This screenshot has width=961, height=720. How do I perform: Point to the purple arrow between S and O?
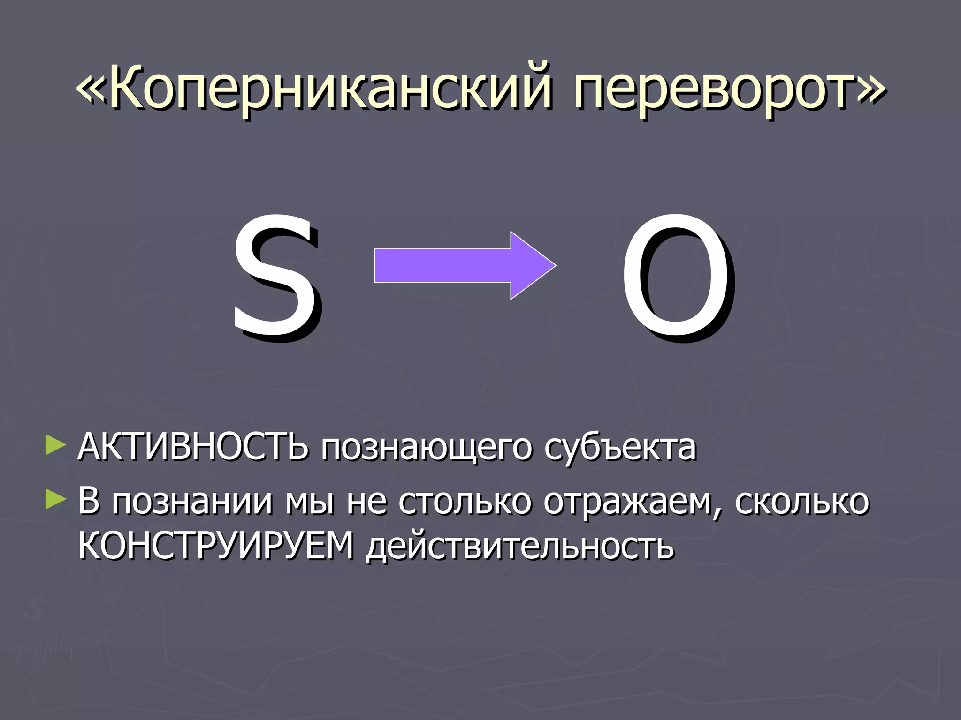pos(465,265)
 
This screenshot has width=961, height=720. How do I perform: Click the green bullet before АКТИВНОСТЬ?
pos(55,445)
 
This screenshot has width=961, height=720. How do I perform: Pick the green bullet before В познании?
pos(55,500)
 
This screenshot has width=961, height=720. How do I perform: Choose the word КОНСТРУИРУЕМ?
pos(216,546)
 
